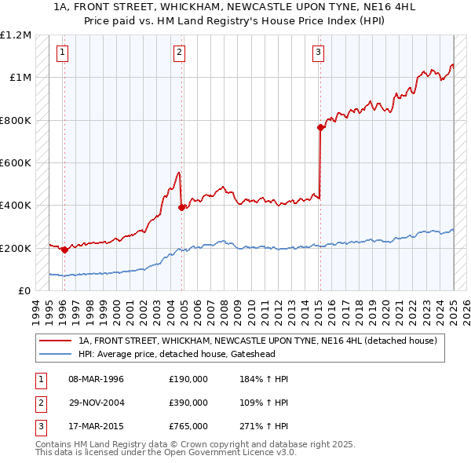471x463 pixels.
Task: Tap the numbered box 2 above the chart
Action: click(180, 53)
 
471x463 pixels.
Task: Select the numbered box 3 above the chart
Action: click(318, 53)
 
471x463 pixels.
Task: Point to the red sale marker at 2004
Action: click(181, 208)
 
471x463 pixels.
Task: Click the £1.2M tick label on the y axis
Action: click(16, 35)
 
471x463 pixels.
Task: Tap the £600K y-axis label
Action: click(16, 163)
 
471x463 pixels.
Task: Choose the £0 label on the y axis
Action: click(24, 291)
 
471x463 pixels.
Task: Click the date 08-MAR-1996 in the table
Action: click(96, 379)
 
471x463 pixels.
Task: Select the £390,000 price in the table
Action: click(188, 403)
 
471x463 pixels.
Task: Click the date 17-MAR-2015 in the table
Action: click(96, 427)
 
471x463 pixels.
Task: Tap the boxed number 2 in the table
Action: click(39, 403)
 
